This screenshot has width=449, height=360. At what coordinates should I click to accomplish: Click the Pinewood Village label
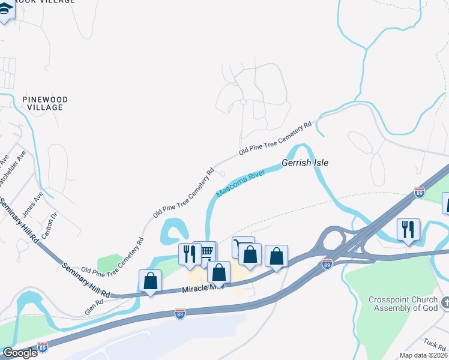click(45, 103)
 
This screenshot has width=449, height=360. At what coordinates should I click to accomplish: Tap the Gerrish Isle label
click(306, 163)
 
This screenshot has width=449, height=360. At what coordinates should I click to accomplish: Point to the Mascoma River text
click(240, 184)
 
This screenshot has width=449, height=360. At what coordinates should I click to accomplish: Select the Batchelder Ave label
click(14, 168)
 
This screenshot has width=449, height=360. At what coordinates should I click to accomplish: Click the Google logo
click(19, 353)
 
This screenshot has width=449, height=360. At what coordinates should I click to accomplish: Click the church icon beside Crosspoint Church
click(444, 302)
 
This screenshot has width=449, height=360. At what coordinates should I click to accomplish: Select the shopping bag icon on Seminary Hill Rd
click(150, 280)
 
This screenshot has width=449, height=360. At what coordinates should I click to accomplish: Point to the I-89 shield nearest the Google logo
click(42, 347)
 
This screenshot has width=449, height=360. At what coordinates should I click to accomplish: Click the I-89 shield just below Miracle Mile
click(179, 313)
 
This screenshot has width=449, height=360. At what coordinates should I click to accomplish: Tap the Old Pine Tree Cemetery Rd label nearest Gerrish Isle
click(276, 138)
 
